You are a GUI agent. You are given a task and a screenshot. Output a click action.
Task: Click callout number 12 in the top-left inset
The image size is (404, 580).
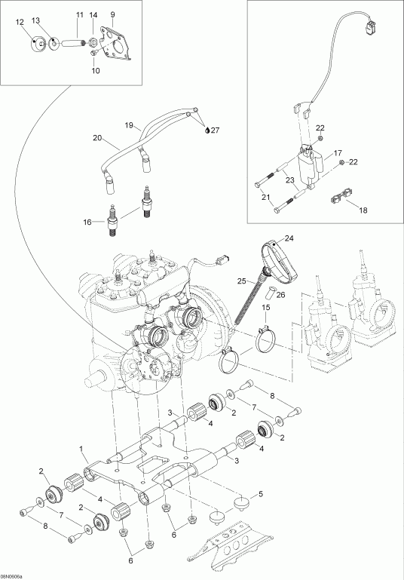point(20,23)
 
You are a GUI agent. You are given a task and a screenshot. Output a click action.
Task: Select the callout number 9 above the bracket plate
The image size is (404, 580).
point(112,15)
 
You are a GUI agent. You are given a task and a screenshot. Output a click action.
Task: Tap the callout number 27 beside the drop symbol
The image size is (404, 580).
point(216,130)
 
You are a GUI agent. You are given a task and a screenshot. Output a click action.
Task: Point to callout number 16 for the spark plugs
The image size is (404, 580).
point(87,222)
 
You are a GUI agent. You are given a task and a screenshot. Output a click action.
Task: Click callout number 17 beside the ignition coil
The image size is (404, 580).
point(338,153)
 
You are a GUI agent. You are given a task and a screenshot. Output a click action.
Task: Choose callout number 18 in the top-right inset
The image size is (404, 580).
point(363,210)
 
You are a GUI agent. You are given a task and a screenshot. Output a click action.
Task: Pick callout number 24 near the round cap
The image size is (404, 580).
point(289,238)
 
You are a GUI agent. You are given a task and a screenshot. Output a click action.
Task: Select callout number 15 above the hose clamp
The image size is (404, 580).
point(266,307)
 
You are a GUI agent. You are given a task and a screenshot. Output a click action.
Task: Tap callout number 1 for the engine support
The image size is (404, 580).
point(81,449)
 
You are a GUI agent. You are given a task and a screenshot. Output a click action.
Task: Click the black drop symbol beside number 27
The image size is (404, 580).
point(208,130)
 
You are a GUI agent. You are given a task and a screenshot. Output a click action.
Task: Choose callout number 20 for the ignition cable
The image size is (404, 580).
point(96,138)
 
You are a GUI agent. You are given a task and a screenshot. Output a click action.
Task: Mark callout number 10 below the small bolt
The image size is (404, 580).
point(96,71)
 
